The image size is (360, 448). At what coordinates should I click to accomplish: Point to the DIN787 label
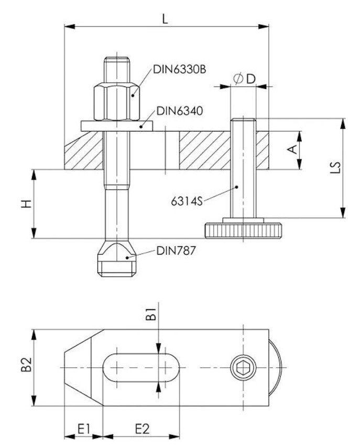[x=176, y=251]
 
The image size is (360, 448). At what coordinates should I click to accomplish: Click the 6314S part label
[x=186, y=200]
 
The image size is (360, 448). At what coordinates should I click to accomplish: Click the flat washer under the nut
[x=116, y=126]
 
